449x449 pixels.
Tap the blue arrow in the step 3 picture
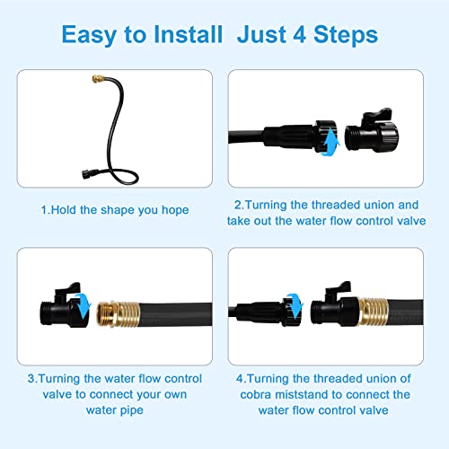click(x=83, y=307)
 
